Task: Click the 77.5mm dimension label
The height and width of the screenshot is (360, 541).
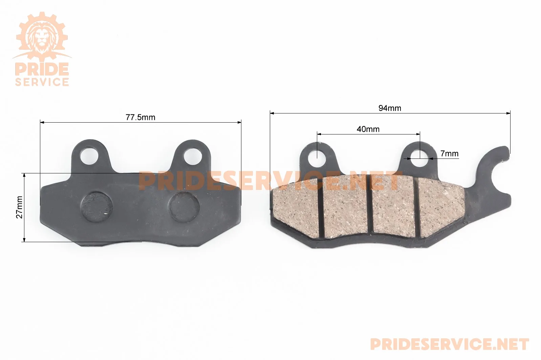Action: (140, 118)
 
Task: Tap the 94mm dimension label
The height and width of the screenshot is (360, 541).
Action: (390, 108)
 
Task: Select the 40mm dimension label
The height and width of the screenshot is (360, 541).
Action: (368, 129)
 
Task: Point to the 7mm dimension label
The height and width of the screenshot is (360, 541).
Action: (449, 153)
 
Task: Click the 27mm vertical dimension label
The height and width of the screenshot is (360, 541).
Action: (19, 207)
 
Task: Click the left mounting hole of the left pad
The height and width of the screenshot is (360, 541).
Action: (89, 156)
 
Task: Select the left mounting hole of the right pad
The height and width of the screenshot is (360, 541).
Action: (317, 157)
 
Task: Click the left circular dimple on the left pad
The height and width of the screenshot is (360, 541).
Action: (97, 207)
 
